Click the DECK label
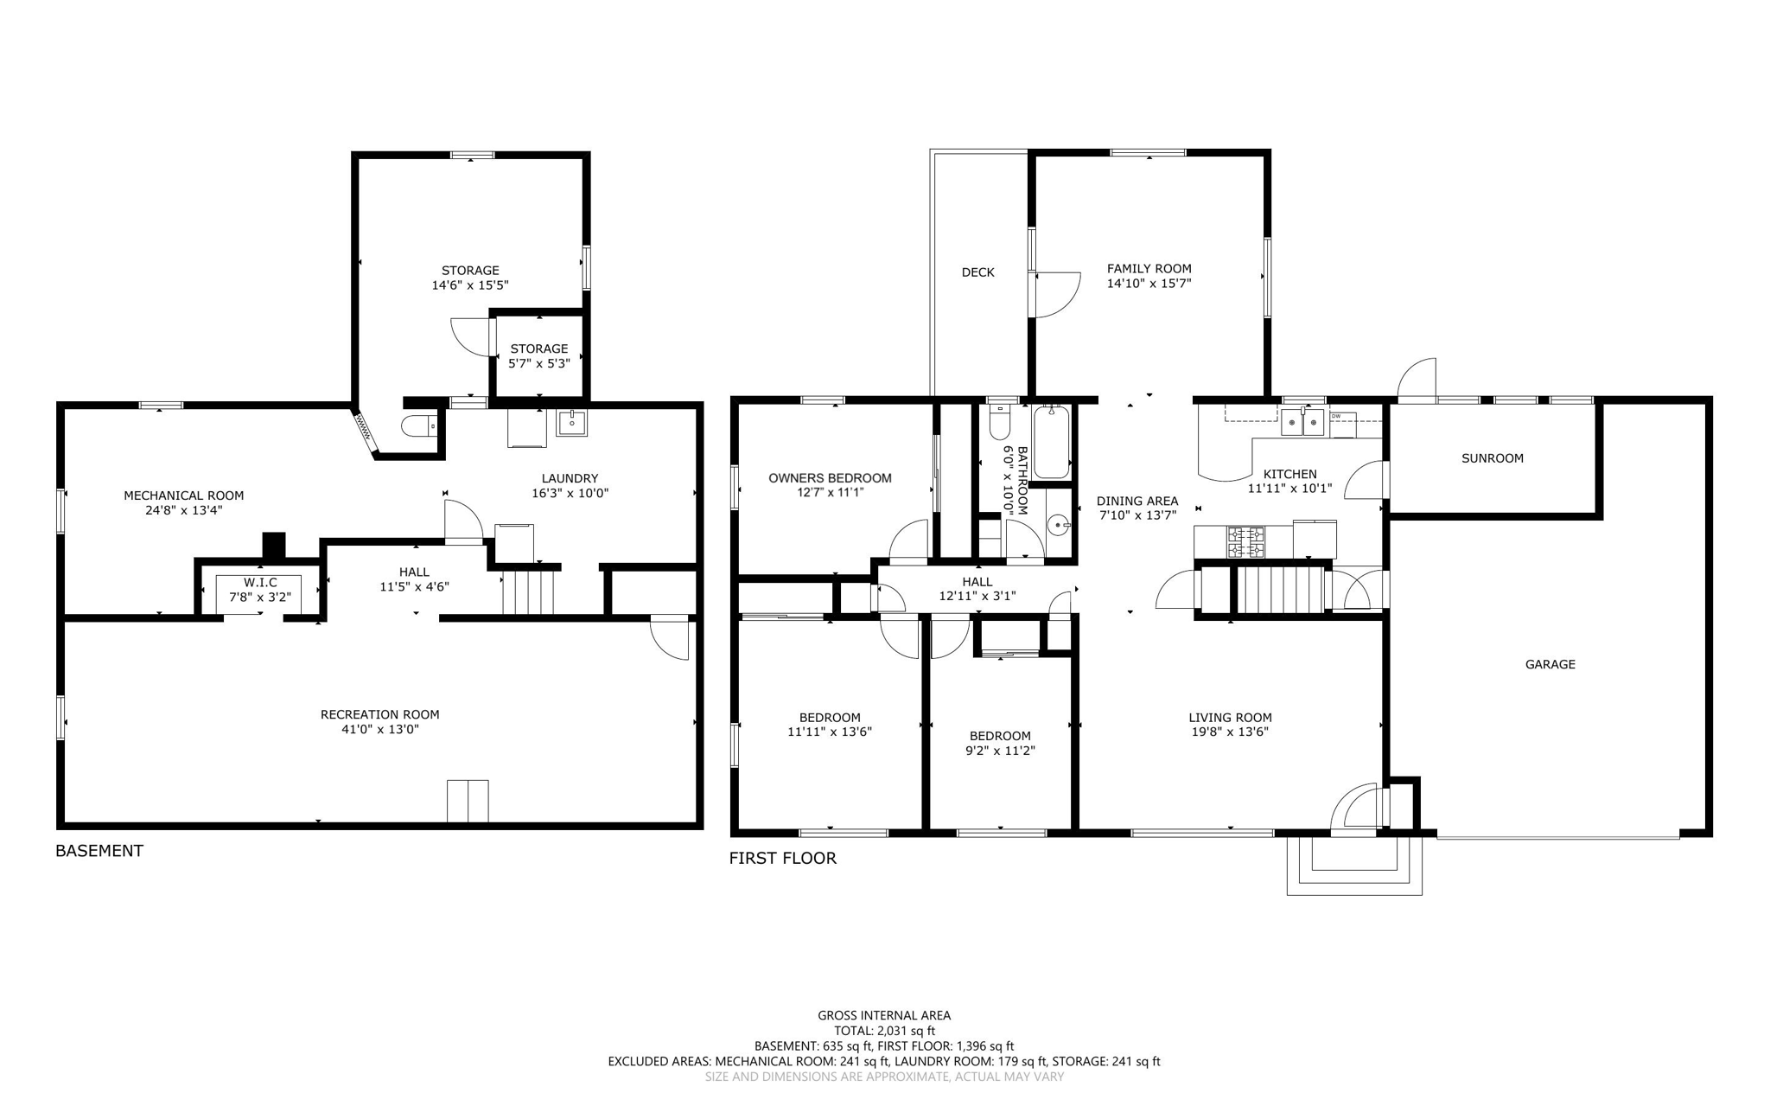(x=977, y=272)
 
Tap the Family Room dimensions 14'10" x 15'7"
(x=1149, y=284)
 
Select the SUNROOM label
(x=1492, y=458)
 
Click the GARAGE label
(x=1550, y=664)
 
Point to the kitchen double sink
(x=1302, y=423)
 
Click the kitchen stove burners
(x=1245, y=541)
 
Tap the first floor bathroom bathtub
(x=1051, y=443)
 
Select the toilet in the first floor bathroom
(x=999, y=424)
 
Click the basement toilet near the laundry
(x=419, y=426)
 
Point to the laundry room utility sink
(x=571, y=423)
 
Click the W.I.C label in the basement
(x=259, y=583)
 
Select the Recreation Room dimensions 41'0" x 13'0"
(x=379, y=730)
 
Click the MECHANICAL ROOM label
(x=183, y=495)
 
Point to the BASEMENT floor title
(x=99, y=851)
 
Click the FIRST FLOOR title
(x=782, y=859)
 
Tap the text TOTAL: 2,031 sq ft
(x=883, y=1031)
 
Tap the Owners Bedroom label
(x=830, y=478)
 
